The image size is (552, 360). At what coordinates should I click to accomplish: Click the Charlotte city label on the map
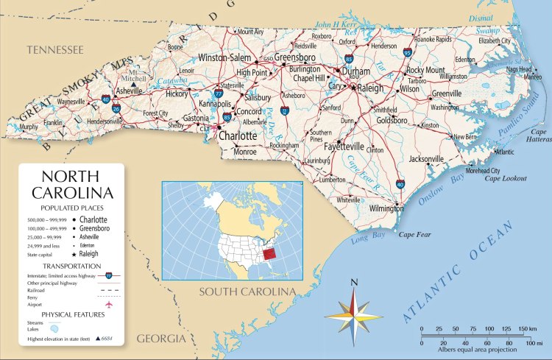[x=238, y=136]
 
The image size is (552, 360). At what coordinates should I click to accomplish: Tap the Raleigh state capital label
[x=372, y=88]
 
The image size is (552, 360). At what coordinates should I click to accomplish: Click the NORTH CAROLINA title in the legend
[x=72, y=186]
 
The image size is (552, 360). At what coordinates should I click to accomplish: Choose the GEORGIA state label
[x=160, y=339]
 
